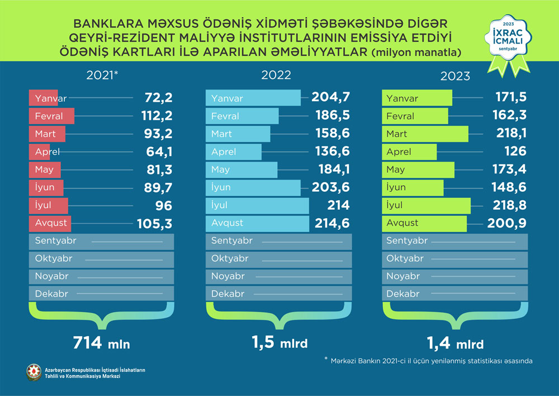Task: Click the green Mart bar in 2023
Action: (x=425, y=134)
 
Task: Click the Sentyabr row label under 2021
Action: (x=55, y=241)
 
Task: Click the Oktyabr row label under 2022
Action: (x=230, y=258)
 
